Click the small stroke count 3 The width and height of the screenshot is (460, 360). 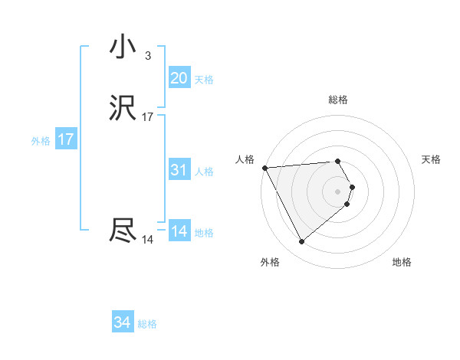pos(147,55)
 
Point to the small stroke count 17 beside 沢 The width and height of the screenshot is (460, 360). pos(148,117)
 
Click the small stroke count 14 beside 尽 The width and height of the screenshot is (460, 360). pos(147,240)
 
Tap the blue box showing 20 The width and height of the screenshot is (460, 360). pos(179,78)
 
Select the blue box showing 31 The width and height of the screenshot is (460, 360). pos(179,170)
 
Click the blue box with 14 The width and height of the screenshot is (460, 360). pos(179,231)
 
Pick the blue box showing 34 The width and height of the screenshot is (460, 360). pos(123,322)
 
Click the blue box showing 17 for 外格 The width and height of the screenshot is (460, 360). pos(66,140)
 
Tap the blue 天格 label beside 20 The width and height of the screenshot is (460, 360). pos(204,80)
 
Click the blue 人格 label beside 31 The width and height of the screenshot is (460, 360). pos(204,172)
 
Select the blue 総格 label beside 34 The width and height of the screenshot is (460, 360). pos(147,324)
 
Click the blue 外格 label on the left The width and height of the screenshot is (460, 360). pos(41,141)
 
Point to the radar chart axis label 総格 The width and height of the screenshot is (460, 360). pos(338,100)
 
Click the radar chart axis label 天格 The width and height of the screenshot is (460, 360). pos(432,159)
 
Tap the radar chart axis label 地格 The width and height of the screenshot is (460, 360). pos(402,262)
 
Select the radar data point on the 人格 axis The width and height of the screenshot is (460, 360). pos(264,168)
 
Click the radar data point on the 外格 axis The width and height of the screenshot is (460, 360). pos(301,242)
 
